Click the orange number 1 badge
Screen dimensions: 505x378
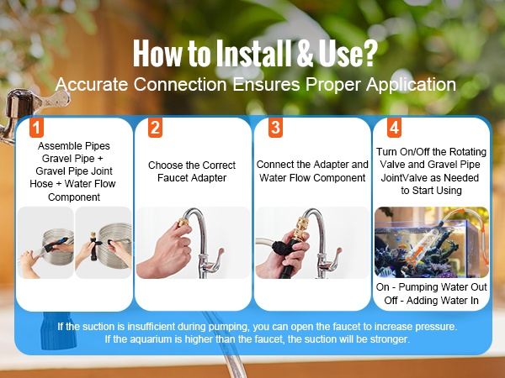tap(36, 128)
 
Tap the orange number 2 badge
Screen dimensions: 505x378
tap(155, 128)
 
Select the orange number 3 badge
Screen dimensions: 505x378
tap(276, 128)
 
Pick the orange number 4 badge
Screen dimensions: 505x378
tap(394, 128)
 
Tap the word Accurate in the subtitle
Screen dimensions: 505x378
tap(92, 85)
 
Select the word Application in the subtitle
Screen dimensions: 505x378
tap(411, 85)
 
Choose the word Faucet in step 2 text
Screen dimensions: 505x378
tap(173, 178)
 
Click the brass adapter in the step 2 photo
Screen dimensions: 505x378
tap(183, 222)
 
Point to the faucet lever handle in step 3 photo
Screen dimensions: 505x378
tap(337, 256)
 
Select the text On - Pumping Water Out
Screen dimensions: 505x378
tap(431, 287)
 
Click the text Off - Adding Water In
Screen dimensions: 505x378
tap(431, 301)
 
